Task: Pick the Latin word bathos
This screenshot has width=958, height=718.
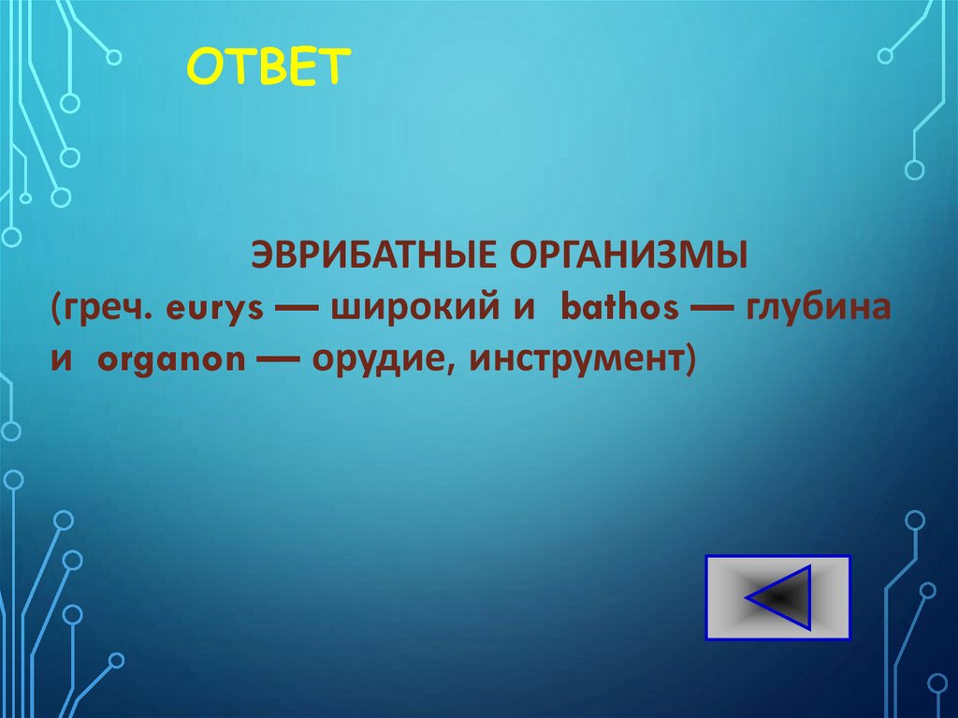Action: click(618, 309)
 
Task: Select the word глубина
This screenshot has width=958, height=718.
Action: click(818, 309)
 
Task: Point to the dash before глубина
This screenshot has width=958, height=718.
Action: click(711, 311)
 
